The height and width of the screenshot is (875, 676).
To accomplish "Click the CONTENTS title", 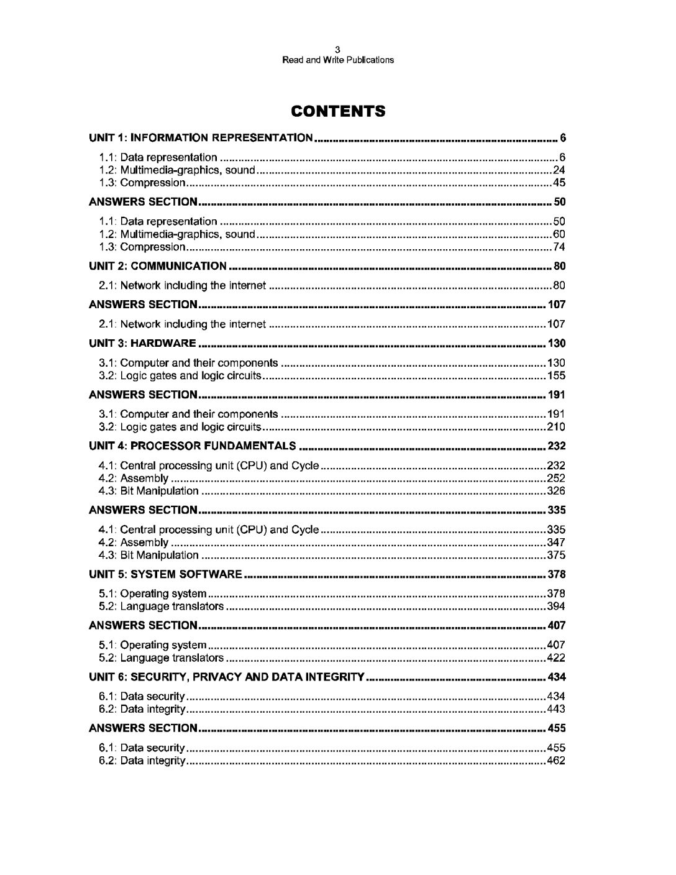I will (x=338, y=112).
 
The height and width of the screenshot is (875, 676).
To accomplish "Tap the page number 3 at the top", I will (x=337, y=50).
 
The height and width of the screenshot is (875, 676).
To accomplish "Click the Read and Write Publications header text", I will (x=337, y=60).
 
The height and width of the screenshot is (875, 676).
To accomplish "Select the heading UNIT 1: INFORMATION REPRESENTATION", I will (x=201, y=138).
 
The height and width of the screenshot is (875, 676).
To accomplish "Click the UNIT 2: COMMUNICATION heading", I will (x=158, y=267).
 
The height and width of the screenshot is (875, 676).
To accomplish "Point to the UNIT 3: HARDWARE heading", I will (x=143, y=344).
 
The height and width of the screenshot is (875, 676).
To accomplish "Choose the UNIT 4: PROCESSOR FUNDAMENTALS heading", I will (x=193, y=446).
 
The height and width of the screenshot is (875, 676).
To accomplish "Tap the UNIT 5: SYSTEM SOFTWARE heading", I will (x=165, y=574).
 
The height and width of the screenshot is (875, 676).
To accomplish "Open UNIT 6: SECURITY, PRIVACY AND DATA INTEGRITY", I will (x=226, y=677).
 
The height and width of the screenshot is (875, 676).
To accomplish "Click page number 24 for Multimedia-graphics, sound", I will (x=559, y=170).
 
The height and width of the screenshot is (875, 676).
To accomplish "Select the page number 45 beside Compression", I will (x=559, y=183).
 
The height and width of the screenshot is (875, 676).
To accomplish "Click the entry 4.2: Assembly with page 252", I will (x=134, y=479).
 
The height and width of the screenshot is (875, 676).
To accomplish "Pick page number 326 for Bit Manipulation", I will (x=555, y=491).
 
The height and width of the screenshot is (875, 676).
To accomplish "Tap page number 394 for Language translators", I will (x=555, y=607).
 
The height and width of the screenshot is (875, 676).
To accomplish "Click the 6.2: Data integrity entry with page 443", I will (x=142, y=710).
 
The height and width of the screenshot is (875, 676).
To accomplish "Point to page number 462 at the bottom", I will (x=555, y=761).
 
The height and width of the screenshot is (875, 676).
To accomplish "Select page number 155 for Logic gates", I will (x=555, y=376).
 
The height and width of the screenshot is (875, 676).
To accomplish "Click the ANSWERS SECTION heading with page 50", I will (x=143, y=203).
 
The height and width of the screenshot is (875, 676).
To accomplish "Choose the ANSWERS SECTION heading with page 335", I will (x=143, y=510).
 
